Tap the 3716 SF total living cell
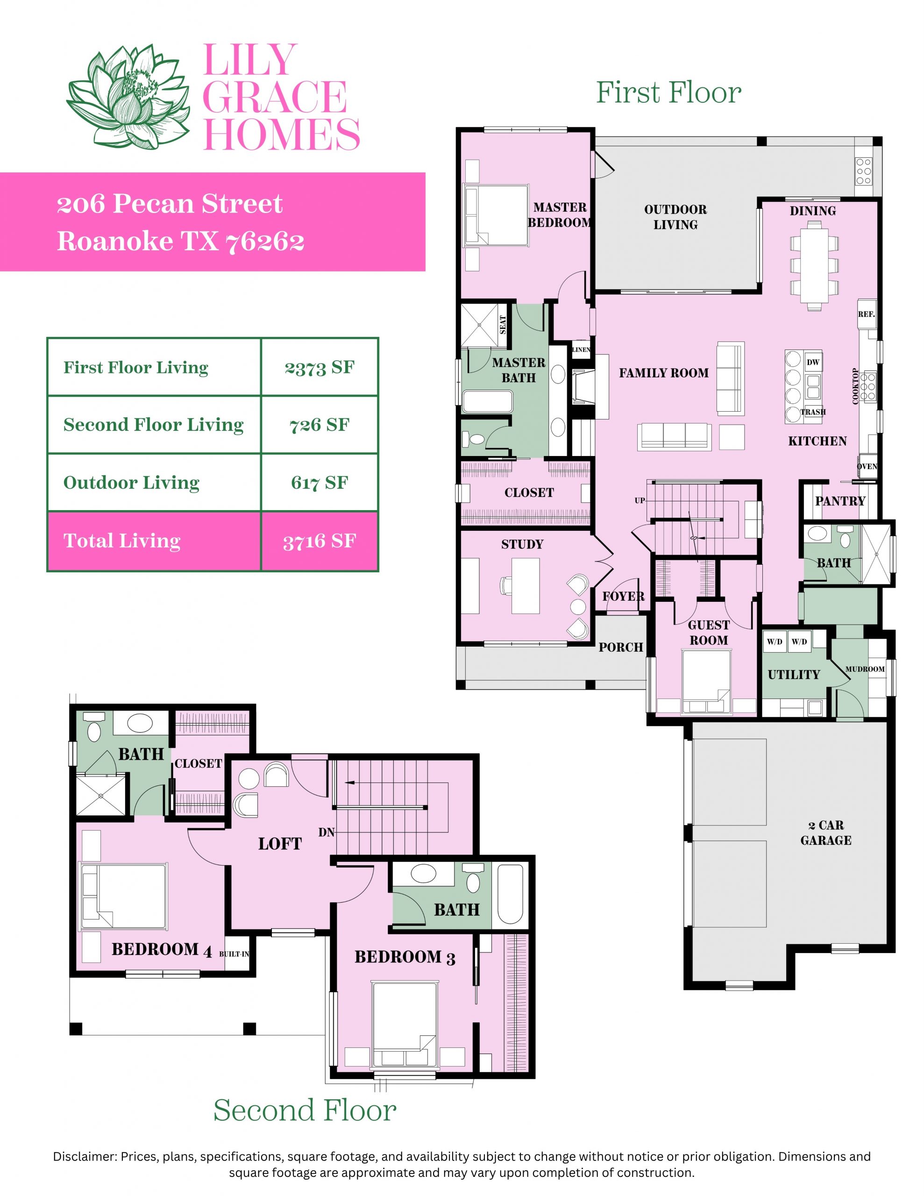click(x=320, y=541)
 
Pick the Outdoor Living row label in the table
click(x=131, y=483)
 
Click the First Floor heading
click(x=668, y=92)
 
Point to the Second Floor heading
click(x=305, y=1111)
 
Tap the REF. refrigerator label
click(x=866, y=314)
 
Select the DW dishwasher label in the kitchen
click(x=813, y=362)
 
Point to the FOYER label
click(x=623, y=596)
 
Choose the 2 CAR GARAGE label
click(x=826, y=833)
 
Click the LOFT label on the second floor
click(x=280, y=843)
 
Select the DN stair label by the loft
click(x=327, y=833)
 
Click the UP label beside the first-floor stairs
click(x=640, y=500)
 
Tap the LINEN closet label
click(x=581, y=349)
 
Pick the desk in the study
click(x=525, y=586)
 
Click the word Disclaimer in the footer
click(x=85, y=1157)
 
